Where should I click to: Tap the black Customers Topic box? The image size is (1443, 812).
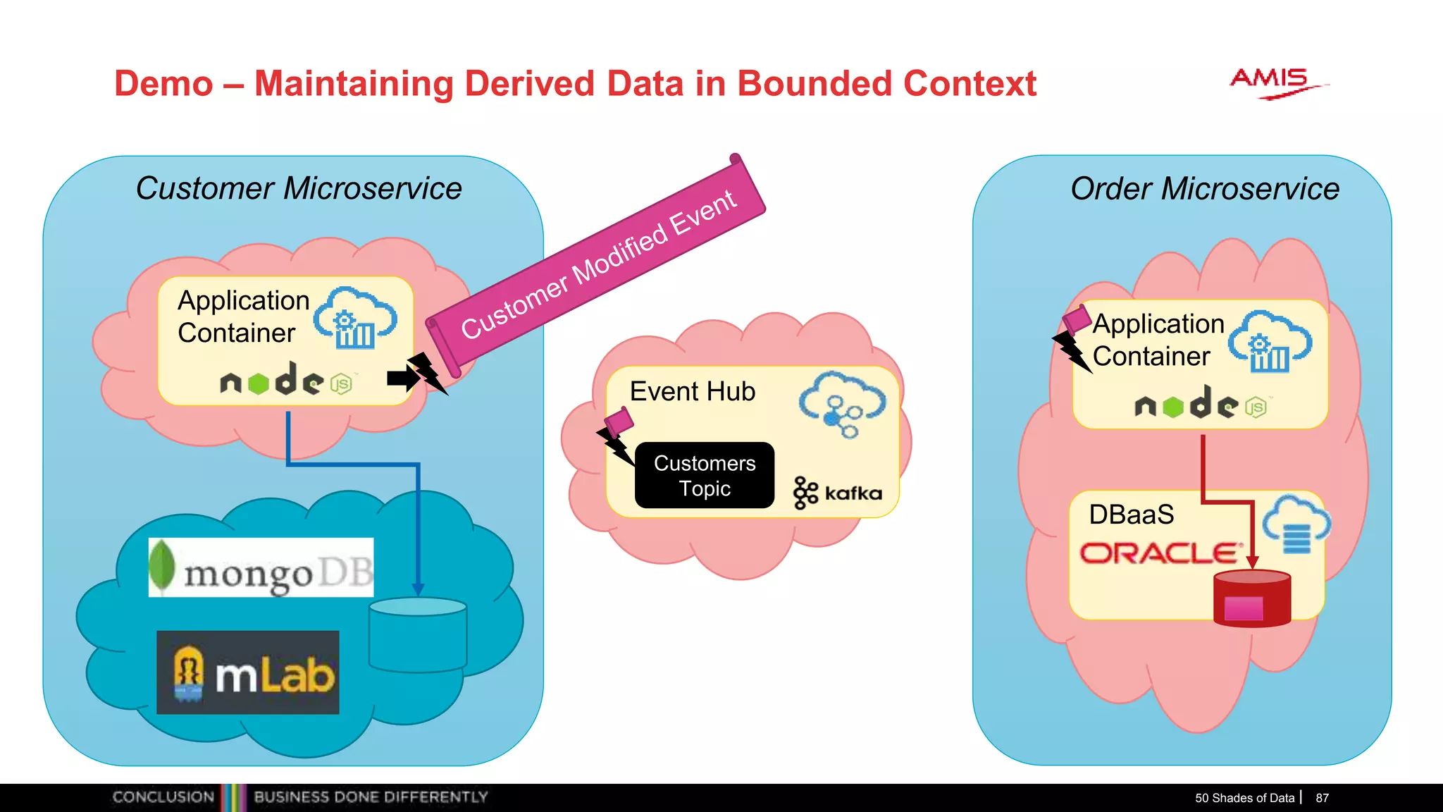pyautogui.click(x=704, y=475)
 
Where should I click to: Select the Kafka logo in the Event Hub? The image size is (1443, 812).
pyautogui.click(x=838, y=493)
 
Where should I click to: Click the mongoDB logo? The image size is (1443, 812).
pyautogui.click(x=261, y=568)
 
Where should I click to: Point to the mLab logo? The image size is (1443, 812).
pyautogui.click(x=248, y=672)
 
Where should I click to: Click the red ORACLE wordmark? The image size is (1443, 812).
pyautogui.click(x=1160, y=553)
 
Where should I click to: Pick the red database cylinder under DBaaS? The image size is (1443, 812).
pyautogui.click(x=1252, y=598)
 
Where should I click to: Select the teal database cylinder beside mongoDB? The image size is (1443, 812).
pyautogui.click(x=418, y=634)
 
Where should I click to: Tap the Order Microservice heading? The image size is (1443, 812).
pyautogui.click(x=1204, y=189)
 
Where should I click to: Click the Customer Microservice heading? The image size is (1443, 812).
pyautogui.click(x=299, y=189)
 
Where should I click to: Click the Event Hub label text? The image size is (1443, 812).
pyautogui.click(x=692, y=391)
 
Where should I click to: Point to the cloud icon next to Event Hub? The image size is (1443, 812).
pyautogui.click(x=842, y=404)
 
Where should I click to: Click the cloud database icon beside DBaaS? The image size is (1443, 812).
pyautogui.click(x=1295, y=525)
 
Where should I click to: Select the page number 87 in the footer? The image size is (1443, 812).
pyautogui.click(x=1322, y=798)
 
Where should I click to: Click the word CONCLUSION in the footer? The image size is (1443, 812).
pyautogui.click(x=163, y=797)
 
